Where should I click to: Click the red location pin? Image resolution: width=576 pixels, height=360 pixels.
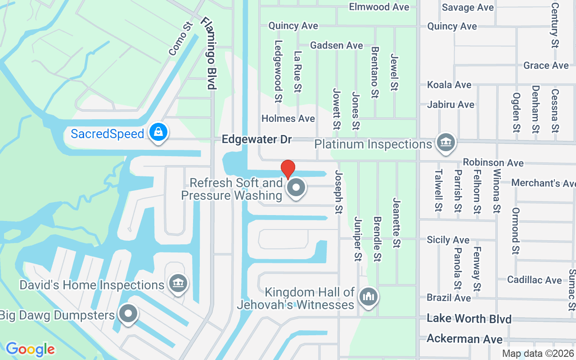coord(288,169)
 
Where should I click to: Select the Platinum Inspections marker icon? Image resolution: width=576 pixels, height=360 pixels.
coord(445,143)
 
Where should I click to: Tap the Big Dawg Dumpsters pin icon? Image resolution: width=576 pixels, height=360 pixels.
coord(128,314)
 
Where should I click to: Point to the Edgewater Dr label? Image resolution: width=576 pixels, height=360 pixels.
coord(257,139)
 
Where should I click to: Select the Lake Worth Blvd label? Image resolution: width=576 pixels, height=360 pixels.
coord(469,319)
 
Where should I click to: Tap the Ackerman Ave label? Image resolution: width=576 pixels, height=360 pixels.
coord(464,338)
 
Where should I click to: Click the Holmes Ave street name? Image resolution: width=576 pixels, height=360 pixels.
coord(288,119)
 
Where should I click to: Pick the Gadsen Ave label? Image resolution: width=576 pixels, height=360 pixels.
coord(337,45)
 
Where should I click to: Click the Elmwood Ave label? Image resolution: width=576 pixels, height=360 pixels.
coord(379,7)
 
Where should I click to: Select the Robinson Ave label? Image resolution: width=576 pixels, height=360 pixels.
coord(493,162)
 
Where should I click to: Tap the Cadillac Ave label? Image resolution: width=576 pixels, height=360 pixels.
coord(534,280)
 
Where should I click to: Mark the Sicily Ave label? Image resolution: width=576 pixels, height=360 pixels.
coord(448,240)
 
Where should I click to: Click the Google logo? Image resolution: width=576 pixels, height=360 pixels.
coord(31,349)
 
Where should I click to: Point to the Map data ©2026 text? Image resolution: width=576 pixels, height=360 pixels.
coord(538,354)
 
